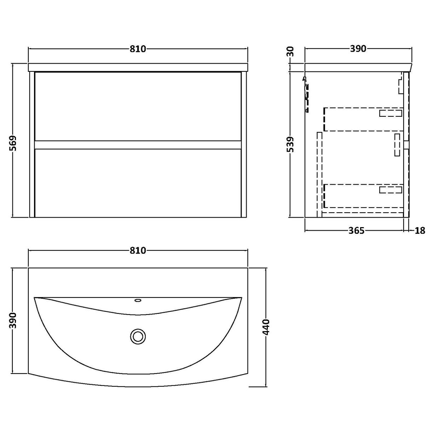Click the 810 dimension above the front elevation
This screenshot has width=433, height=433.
click(x=138, y=49)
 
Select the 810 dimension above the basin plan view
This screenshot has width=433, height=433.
click(x=138, y=250)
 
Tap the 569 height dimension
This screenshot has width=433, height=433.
click(x=13, y=143)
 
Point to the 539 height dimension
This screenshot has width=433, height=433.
click(x=289, y=145)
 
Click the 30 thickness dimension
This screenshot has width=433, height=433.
click(x=290, y=52)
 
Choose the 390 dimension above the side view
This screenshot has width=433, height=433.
click(x=358, y=49)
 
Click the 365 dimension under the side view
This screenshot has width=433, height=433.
click(x=356, y=231)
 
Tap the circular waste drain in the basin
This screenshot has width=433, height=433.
click(x=138, y=336)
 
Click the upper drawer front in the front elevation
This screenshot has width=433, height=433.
click(x=138, y=106)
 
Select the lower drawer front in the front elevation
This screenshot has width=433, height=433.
click(x=138, y=183)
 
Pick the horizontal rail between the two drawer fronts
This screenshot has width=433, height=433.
click(x=138, y=145)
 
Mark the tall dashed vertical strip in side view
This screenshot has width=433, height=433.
click(x=319, y=173)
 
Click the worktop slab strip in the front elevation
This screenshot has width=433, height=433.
click(x=138, y=67)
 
